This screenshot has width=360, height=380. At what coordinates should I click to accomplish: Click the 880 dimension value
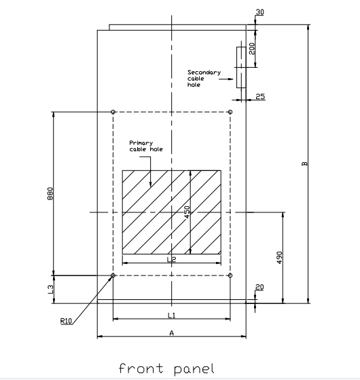tap(50, 193)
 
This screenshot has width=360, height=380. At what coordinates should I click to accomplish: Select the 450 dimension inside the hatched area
tap(187, 212)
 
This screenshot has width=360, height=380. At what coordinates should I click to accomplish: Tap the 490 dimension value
tap(279, 257)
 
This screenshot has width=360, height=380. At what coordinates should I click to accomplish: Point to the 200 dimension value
tap(252, 48)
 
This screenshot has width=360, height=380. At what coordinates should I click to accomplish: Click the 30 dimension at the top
tap(259, 12)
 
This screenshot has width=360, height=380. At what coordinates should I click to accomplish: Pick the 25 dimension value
tap(260, 96)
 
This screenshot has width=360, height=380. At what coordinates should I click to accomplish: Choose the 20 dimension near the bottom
tap(259, 287)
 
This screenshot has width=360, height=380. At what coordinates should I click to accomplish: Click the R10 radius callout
tap(67, 321)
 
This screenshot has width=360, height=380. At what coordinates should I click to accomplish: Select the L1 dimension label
tap(171, 316)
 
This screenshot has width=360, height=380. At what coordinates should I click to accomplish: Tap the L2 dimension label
tap(171, 259)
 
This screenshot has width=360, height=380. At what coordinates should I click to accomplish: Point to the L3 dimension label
tap(50, 289)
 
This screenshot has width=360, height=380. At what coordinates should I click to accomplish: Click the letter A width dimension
tap(171, 333)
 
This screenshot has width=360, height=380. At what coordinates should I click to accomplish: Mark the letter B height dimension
tap(304, 164)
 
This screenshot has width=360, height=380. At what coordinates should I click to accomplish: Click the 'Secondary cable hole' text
tap(204, 79)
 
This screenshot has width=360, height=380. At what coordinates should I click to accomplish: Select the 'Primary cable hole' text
tap(146, 146)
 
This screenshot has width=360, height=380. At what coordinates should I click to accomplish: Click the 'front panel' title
tap(166, 369)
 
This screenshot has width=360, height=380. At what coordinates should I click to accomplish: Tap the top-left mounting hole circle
tap(113, 112)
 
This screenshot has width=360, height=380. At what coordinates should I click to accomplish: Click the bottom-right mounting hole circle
tap(230, 275)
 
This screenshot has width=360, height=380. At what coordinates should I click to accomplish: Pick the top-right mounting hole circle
tap(230, 112)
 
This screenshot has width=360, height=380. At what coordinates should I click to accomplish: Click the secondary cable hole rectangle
tap(237, 67)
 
